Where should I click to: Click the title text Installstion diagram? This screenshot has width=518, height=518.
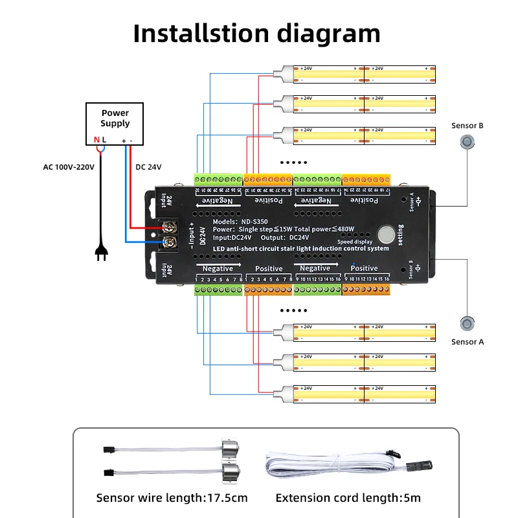tap(256, 34)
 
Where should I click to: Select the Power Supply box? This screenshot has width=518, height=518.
tap(115, 123)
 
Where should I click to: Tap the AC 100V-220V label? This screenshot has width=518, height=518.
tap(69, 167)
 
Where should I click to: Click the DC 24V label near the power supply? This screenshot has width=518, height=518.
tap(148, 167)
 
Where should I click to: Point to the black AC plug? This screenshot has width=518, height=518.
tap(101, 253)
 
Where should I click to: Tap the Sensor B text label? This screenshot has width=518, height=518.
tap(467, 126)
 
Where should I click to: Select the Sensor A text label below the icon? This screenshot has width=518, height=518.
tap(467, 342)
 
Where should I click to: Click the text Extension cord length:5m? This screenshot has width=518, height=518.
tap(348, 498)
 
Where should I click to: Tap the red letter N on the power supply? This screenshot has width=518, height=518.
tap(96, 140)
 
